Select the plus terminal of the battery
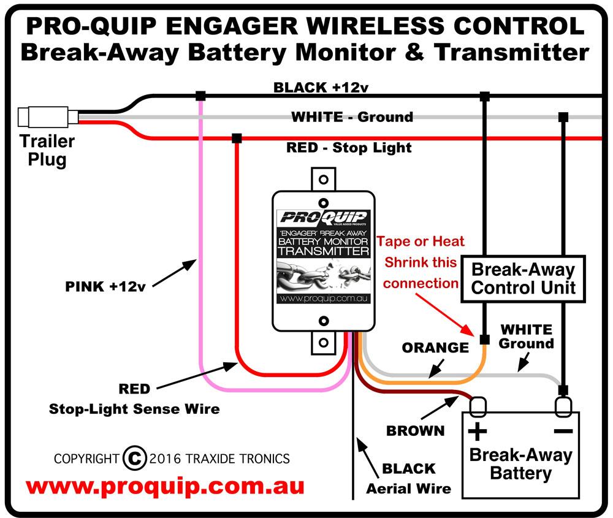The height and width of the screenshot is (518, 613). [x=478, y=405]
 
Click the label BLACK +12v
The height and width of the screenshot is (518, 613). [x=321, y=87]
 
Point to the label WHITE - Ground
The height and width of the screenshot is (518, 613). [x=351, y=116]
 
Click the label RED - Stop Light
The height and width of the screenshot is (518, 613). [x=349, y=148]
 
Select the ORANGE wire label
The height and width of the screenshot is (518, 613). [x=435, y=348]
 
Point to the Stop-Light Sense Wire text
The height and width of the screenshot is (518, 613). [x=134, y=408]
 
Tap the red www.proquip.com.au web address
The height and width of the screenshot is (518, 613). [x=165, y=487]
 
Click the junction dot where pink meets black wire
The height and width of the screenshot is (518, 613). [x=200, y=96]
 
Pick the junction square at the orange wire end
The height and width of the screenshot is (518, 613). [x=484, y=339]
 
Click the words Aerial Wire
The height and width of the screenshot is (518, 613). [x=408, y=489]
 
